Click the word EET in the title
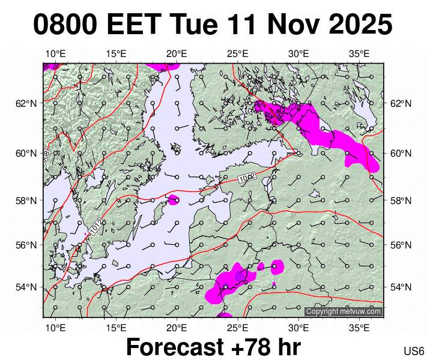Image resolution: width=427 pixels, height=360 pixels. click(x=133, y=25)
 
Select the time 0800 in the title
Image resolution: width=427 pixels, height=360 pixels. click(x=65, y=25)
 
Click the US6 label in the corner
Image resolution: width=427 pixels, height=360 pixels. click(x=414, y=351)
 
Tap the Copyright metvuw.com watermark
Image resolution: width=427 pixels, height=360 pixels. click(x=344, y=311)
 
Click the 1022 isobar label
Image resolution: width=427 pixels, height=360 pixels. click(x=247, y=177)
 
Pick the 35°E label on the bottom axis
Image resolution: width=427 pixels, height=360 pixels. click(x=359, y=328)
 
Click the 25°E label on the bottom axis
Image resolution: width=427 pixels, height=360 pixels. click(x=238, y=328)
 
